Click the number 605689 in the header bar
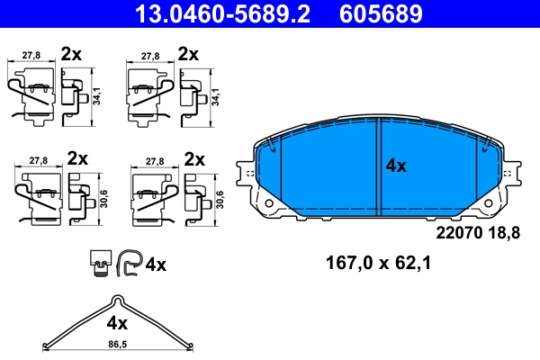click(x=381, y=13)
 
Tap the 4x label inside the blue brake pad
click(x=397, y=166)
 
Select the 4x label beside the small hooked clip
click(x=156, y=265)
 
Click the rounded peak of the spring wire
click(x=114, y=301)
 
